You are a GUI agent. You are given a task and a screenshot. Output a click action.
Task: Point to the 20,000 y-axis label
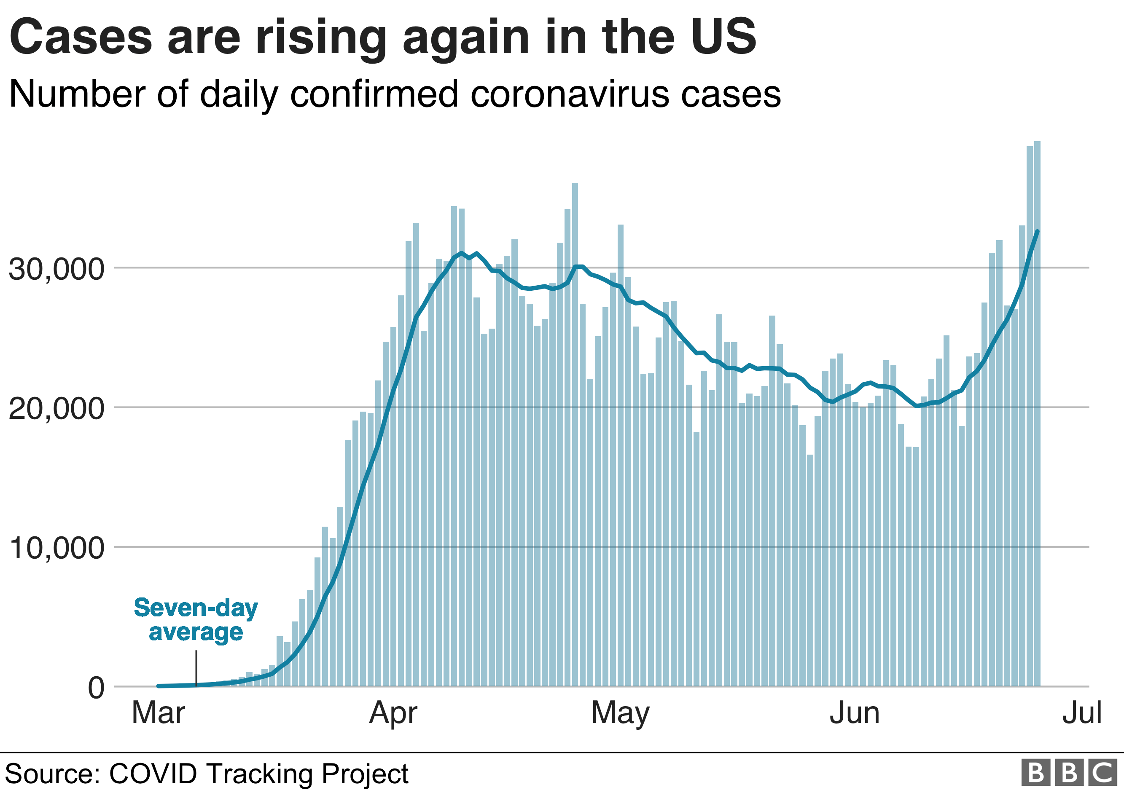click(56, 408)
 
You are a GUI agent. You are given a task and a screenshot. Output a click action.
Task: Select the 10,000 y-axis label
click(56, 547)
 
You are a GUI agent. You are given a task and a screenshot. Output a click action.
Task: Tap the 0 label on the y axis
click(96, 687)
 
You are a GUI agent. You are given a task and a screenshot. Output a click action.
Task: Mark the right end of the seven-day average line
click(1037, 231)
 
